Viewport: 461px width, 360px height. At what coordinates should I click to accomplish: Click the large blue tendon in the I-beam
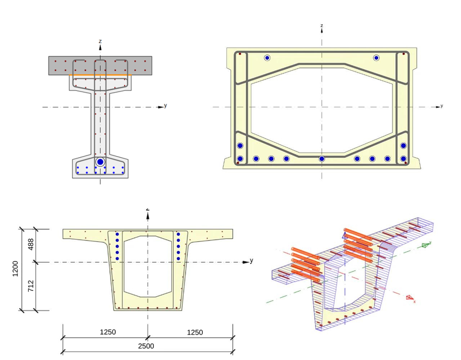coord(100,162)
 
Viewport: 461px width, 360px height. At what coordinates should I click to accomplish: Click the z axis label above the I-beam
coord(100,41)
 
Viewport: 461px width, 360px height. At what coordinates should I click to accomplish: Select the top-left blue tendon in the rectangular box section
coord(267,58)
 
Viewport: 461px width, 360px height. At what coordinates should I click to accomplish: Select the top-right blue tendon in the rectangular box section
coord(376,58)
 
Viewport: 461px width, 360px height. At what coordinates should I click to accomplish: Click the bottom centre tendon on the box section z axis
coord(322,158)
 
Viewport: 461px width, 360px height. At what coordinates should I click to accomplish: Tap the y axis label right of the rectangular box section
coord(441,106)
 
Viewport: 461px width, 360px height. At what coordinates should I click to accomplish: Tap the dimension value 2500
coord(148,346)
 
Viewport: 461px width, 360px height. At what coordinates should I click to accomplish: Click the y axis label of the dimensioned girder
coord(252,260)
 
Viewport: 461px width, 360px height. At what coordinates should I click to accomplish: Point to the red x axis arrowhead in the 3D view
coord(410,298)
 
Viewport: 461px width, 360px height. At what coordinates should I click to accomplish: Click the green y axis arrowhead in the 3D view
coord(425,245)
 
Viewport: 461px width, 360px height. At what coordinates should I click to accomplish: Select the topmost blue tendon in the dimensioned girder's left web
coord(118,234)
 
